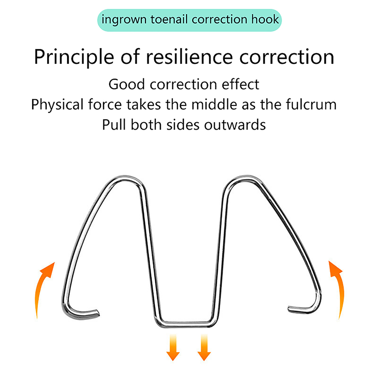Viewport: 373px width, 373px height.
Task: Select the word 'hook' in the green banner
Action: coord(264,20)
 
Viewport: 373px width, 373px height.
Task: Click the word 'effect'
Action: coord(242,84)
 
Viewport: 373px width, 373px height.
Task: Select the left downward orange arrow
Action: coord(173,347)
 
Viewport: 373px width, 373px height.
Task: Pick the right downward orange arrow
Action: coord(204,347)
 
